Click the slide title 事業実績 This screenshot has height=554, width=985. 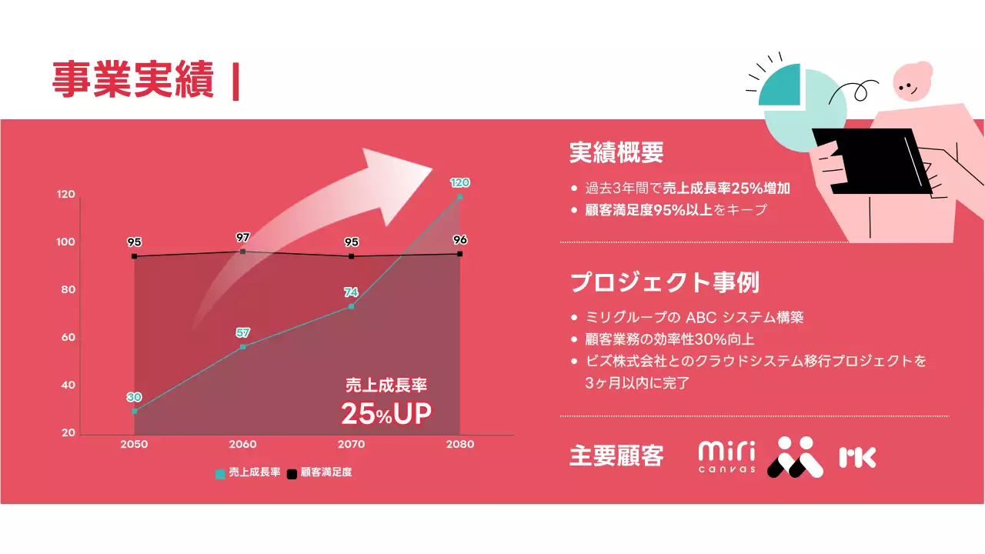(132, 80)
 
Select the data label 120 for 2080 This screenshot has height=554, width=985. (459, 182)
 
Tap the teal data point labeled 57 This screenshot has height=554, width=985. (242, 347)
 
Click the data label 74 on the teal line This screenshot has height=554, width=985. (351, 292)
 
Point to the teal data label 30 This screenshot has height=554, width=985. (134, 397)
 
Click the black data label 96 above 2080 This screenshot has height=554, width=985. (460, 239)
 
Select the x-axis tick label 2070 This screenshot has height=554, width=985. (352, 445)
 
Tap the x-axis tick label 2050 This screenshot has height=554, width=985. (134, 445)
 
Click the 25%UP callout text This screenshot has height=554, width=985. (386, 414)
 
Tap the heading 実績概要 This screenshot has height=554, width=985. (616, 152)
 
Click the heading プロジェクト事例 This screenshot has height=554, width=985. (665, 282)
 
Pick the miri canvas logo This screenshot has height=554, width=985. (726, 456)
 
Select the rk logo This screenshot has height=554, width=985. (857, 457)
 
